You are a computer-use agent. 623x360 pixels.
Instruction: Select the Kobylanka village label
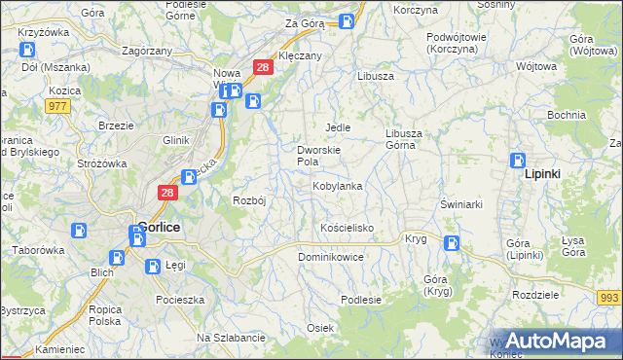[x=337, y=186]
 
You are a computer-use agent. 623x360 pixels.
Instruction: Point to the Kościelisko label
[x=347, y=228]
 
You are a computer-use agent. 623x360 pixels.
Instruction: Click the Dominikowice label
[x=330, y=258]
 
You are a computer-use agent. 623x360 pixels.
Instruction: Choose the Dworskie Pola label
[x=317, y=156]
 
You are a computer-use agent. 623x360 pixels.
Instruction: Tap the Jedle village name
[x=337, y=127]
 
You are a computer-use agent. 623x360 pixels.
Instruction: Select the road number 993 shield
[x=609, y=297]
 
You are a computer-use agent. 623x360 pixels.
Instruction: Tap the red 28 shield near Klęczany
[x=262, y=66]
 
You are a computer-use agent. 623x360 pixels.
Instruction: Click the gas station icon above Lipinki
[x=518, y=162]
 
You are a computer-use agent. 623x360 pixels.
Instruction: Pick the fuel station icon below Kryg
[x=451, y=243]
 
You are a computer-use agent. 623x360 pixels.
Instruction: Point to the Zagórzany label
[x=146, y=49]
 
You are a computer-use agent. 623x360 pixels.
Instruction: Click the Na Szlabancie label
[x=231, y=338]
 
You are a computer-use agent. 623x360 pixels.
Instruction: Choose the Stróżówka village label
[x=103, y=163]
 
